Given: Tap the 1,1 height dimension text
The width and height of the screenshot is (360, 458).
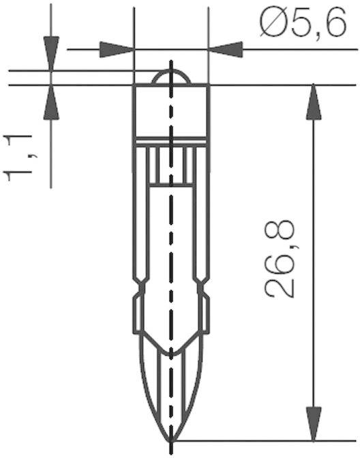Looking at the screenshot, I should (x=20, y=157).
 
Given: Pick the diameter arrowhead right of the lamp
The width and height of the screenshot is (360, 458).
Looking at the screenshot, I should (x=226, y=49).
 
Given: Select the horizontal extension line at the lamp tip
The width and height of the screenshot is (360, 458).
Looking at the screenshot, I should (x=259, y=440).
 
